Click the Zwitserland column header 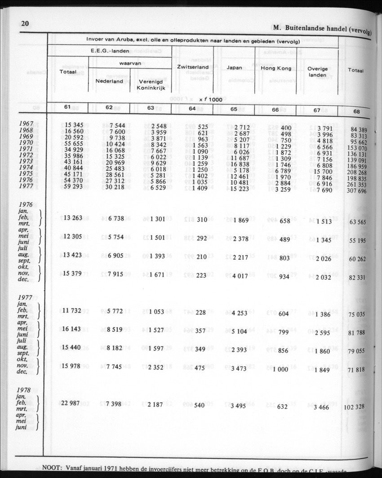click(x=194, y=67)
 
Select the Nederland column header click(x=109, y=82)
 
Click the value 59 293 click(x=74, y=186)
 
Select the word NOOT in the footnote click(x=52, y=468)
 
